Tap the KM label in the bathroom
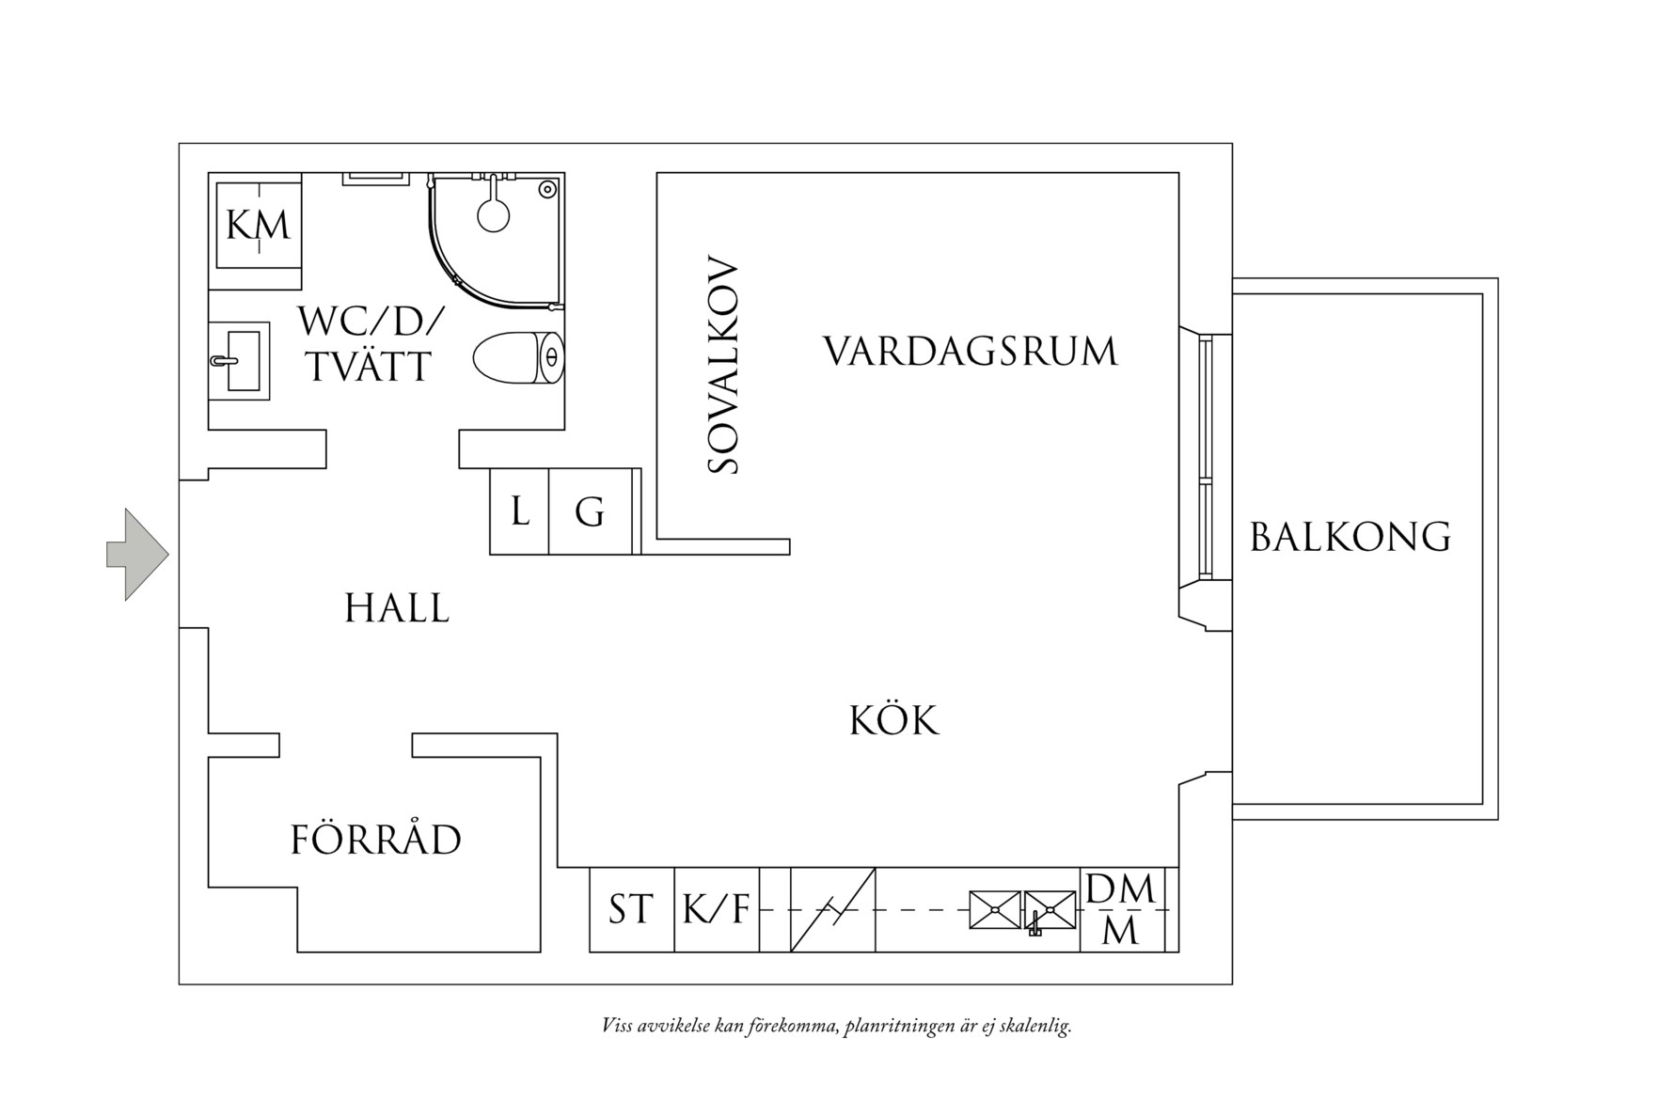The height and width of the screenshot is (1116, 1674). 259,227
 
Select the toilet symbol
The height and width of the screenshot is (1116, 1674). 517,358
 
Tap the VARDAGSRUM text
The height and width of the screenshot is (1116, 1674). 971,352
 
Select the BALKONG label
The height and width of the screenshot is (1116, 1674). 1350,537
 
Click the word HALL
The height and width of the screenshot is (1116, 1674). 397,608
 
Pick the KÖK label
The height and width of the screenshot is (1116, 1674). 894,721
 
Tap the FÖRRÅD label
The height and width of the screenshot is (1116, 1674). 375,840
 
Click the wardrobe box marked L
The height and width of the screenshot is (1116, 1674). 519,512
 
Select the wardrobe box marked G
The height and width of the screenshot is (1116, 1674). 590,512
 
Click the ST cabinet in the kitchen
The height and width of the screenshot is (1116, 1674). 631,909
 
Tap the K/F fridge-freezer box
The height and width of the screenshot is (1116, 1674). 716,909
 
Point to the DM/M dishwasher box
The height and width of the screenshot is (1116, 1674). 1121,909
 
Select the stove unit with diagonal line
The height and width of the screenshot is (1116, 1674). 832,909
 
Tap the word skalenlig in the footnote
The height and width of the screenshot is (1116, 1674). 1035,1026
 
